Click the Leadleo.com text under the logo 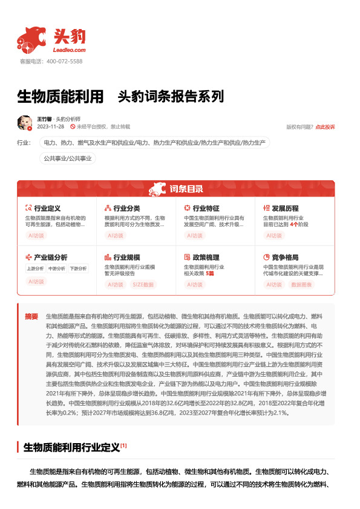tap(69, 50)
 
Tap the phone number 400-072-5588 tap(64, 62)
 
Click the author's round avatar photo tap(25, 123)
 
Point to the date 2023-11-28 tap(51, 127)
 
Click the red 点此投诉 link tap(325, 127)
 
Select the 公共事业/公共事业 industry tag tap(67, 158)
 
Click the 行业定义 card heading tap(47, 208)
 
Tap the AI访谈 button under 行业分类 tap(115, 236)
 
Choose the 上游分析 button tap(36, 268)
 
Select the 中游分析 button tap(57, 268)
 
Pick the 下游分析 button tap(78, 268)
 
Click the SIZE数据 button tap(143, 284)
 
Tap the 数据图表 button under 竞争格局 tap(301, 284)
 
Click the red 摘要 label tap(31, 316)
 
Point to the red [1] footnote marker tap(123, 446)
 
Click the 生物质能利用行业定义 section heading tap(71, 448)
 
